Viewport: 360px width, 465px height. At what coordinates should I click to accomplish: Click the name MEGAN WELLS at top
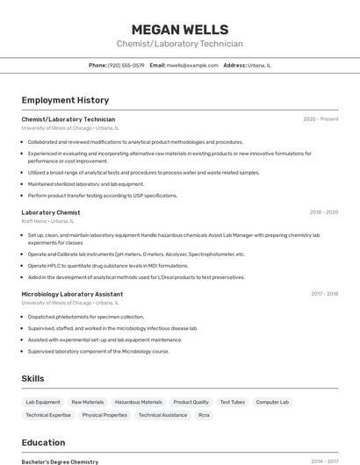pos(180,29)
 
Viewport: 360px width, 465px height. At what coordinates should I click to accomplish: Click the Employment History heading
pos(65,100)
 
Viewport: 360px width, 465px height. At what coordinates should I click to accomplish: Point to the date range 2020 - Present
pos(320,119)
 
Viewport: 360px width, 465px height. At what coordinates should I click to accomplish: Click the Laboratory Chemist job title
pos(51,212)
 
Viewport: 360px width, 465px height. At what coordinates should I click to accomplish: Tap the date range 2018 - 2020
pos(323,212)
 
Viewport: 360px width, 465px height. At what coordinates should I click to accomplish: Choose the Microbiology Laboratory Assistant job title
pos(72,294)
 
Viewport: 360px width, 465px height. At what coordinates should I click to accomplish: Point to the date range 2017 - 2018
pos(324,294)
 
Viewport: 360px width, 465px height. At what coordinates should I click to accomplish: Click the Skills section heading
pos(33,378)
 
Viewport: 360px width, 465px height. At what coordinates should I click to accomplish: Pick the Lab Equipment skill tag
pos(43,402)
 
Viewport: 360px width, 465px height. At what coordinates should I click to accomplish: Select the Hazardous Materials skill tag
pos(138,402)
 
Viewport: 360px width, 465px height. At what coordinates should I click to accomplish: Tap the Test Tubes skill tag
pos(232,402)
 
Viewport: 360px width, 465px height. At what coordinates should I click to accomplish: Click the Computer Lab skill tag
pos(272,402)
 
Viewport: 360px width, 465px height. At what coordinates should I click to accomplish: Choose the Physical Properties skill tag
pos(104,415)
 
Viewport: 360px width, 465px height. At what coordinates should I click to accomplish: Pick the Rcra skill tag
pos(204,415)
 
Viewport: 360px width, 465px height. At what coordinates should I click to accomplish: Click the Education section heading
pos(43,442)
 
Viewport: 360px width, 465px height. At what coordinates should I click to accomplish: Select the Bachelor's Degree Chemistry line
pos(60,461)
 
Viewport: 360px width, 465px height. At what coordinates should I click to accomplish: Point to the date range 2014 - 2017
pos(324,461)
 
